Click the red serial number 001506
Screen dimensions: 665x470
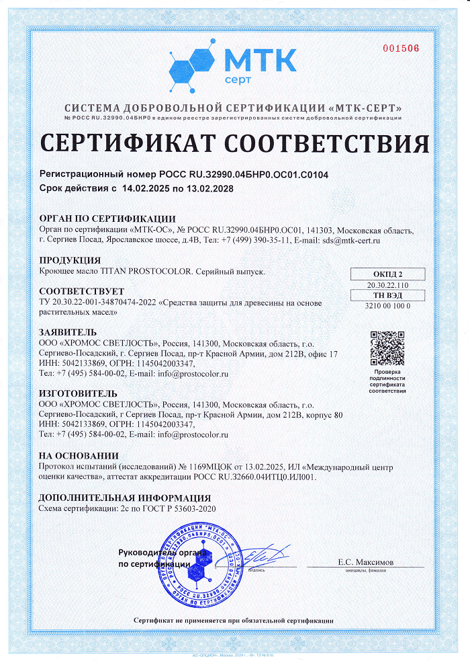(401, 48)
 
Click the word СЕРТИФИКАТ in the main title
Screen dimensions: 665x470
(128, 143)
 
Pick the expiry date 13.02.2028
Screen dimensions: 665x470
(209, 189)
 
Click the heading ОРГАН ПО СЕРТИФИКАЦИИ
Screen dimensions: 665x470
(107, 219)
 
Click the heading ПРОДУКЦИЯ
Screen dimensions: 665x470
(70, 260)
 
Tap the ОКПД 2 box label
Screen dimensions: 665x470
(388, 274)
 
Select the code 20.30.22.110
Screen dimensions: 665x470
(388, 284)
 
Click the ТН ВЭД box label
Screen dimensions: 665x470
(388, 295)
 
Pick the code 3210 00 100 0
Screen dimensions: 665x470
(388, 306)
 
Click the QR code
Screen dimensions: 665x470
(387, 348)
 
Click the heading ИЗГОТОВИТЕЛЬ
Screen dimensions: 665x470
(79, 393)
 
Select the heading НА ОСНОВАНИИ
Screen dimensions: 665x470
(79, 455)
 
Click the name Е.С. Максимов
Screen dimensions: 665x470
(365, 562)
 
